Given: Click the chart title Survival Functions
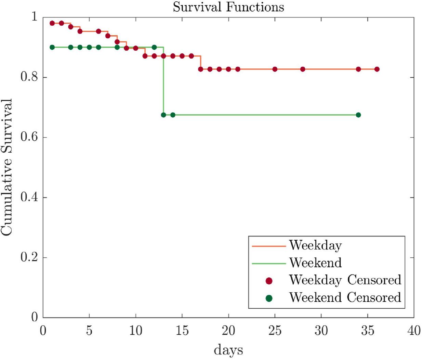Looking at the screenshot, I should tap(228, 7).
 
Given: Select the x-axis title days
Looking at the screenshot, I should tap(228, 350).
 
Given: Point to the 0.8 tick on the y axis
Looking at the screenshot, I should tap(29, 77).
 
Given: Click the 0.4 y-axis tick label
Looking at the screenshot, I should tap(29, 197).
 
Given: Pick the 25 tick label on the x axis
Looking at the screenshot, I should tap(275, 331).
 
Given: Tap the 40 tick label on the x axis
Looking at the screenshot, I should tap(414, 331).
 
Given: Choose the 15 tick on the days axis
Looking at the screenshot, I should tap(182, 331).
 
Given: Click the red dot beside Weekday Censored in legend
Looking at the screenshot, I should tap(269, 281).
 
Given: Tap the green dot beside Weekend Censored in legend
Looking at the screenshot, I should tap(269, 298).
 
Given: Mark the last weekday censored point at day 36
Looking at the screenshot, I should tap(377, 69).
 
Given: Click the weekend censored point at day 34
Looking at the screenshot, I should tap(358, 115).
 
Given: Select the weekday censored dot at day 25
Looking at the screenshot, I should tap(275, 69).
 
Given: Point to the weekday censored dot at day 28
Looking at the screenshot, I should tap(303, 69).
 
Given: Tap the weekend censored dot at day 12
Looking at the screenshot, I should tap(154, 47).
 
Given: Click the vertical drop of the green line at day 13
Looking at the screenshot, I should tap(163, 82).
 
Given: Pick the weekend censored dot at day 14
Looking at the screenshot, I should tap(173, 115).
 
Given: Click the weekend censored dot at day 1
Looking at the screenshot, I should tap(52, 47).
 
